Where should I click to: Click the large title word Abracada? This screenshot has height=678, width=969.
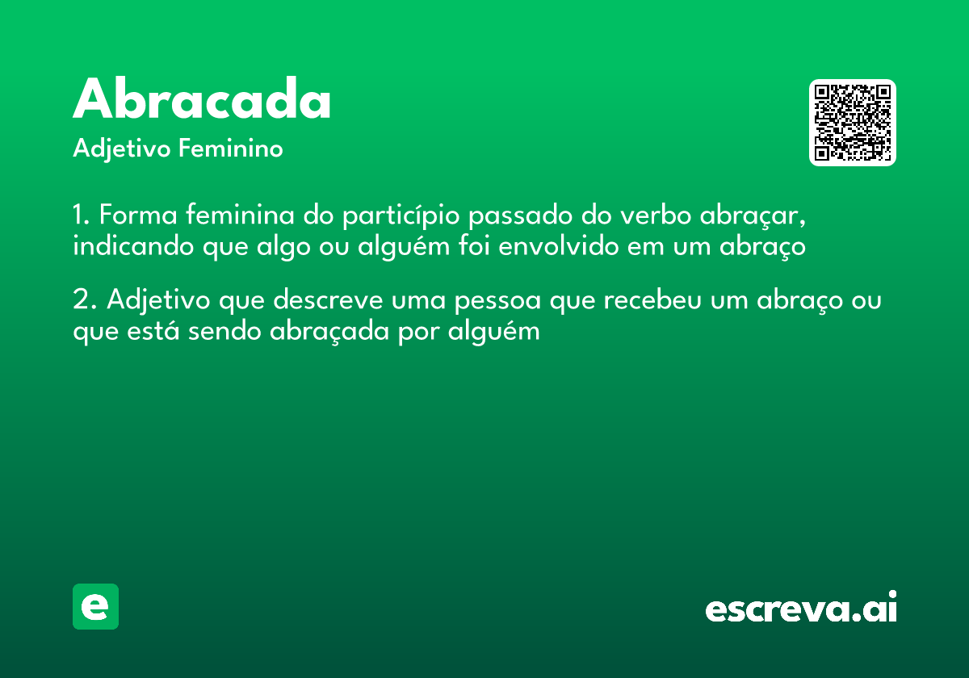tap(202, 101)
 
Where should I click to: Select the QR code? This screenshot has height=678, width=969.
tap(853, 123)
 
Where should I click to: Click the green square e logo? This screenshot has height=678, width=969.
tap(95, 606)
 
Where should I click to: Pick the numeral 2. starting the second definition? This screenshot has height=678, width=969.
tap(85, 300)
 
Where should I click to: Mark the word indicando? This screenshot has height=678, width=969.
tap(129, 246)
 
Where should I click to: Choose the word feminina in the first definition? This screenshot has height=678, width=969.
tap(239, 216)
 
